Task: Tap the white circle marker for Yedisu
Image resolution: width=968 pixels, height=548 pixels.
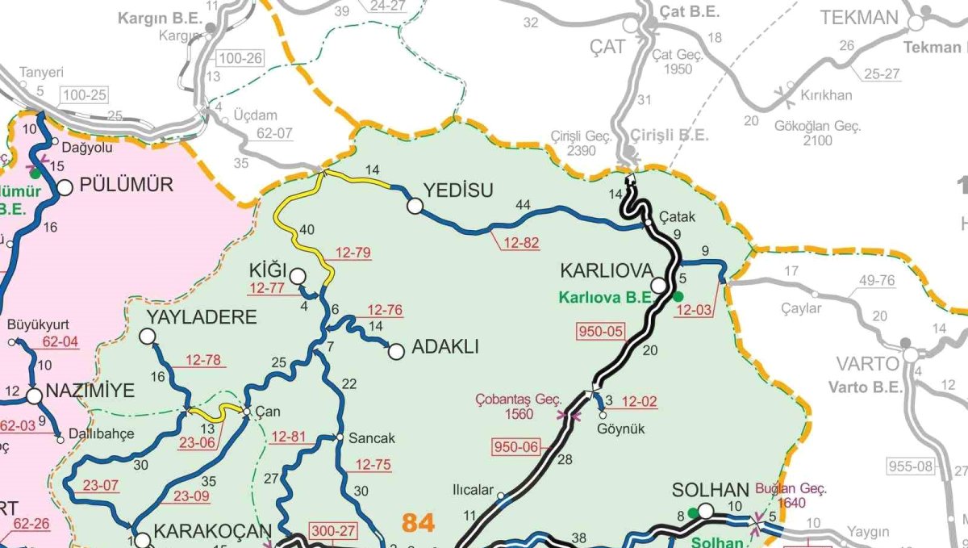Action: (415, 207)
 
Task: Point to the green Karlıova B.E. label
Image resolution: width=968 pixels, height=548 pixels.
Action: (605, 297)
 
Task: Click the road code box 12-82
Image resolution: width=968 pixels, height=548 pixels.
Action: (520, 243)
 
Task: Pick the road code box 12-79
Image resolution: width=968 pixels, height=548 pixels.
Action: (352, 253)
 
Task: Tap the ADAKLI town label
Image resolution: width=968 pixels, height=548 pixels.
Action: (445, 347)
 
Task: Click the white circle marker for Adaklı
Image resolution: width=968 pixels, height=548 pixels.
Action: (396, 351)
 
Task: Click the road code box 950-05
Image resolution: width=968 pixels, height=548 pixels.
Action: (600, 330)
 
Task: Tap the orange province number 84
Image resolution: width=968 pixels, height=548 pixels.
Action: (418, 523)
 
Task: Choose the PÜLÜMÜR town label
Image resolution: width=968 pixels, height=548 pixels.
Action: (127, 185)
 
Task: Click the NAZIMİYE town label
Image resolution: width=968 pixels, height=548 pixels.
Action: (90, 391)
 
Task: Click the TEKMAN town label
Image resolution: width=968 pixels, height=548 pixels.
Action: (859, 19)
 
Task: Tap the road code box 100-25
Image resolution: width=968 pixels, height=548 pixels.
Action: (82, 95)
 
